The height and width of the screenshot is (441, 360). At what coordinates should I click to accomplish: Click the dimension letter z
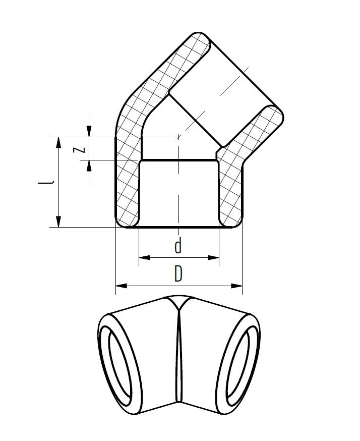pos(79,149)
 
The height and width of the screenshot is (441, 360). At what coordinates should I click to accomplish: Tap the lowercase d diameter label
pos(178,246)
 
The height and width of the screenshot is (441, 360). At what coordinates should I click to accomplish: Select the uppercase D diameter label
pos(178,273)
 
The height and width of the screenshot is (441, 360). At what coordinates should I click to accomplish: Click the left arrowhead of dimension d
pos(145,257)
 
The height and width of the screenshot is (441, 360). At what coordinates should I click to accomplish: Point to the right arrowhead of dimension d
pos(213,257)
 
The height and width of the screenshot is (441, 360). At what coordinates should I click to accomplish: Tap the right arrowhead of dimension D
pos(236,286)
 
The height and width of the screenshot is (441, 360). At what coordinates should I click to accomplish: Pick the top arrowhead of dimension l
pos(58,143)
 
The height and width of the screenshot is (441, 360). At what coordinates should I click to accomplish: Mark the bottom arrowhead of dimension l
pos(58,222)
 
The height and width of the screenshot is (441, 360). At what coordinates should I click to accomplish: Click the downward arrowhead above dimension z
pos(89,131)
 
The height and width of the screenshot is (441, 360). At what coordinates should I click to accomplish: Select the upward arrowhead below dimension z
pos(89,166)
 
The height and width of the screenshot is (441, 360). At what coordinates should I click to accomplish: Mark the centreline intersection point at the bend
pos(178,137)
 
